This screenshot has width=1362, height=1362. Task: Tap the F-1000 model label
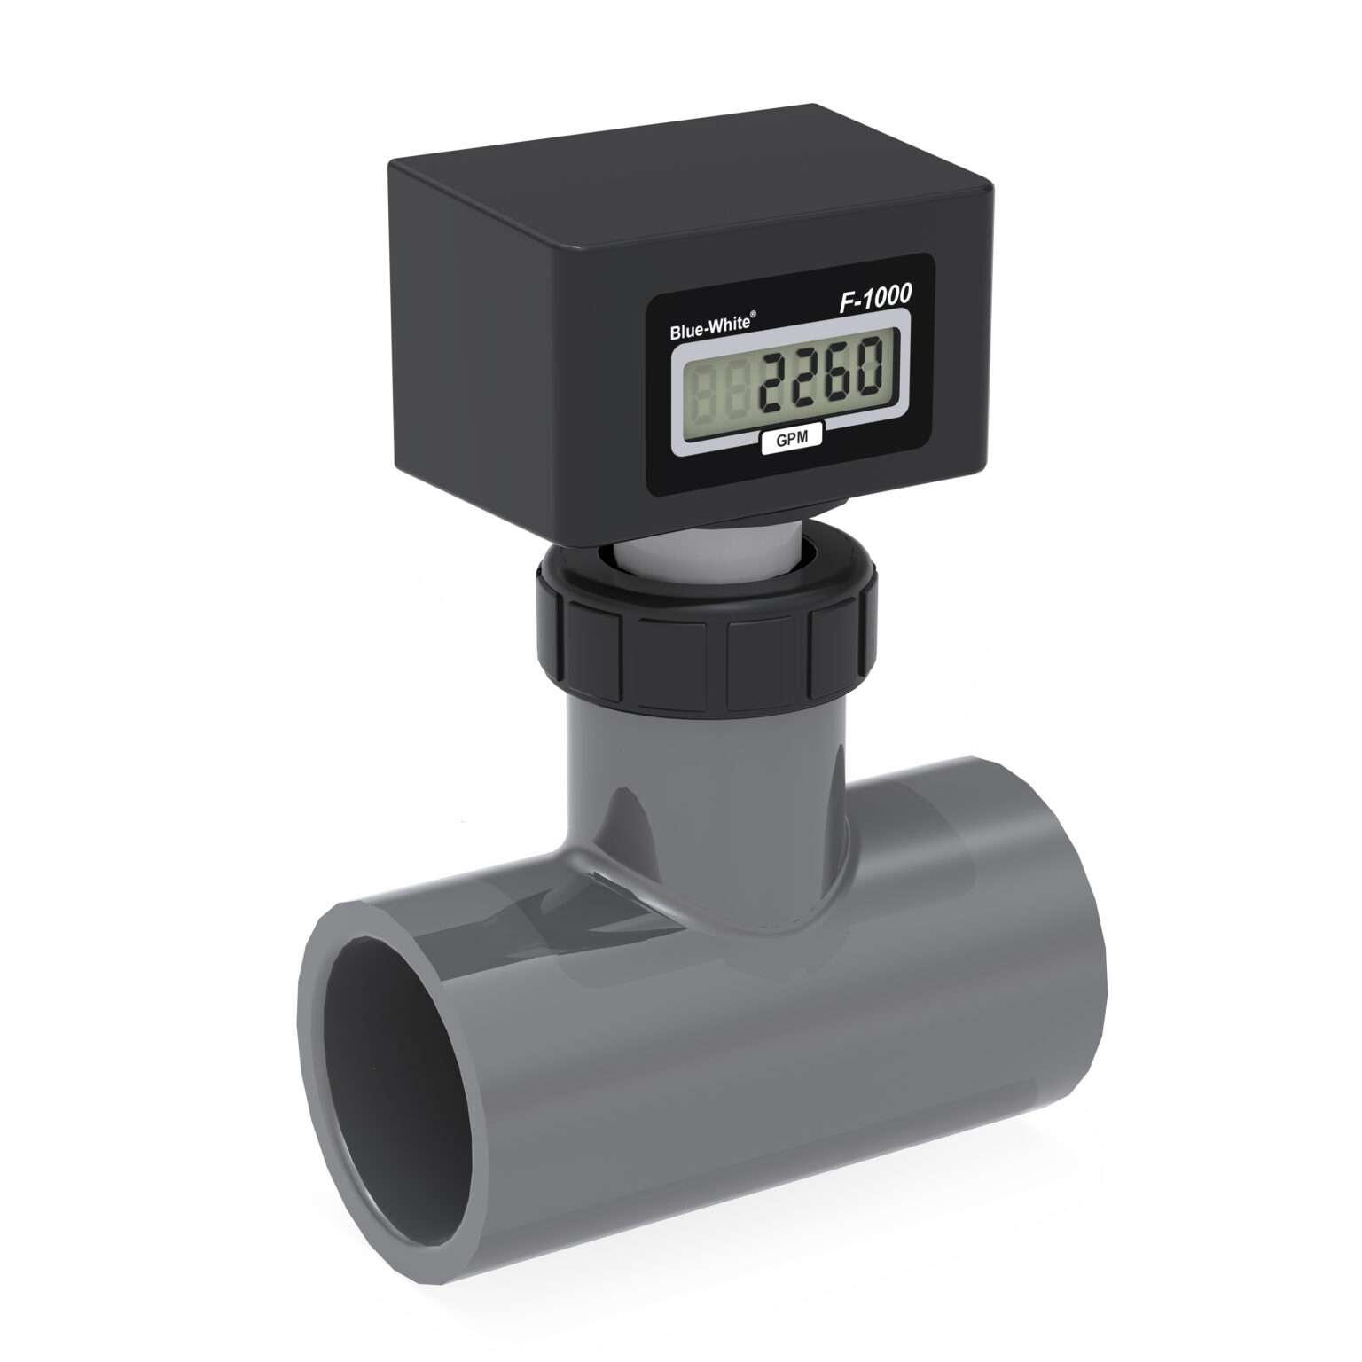pyautogui.click(x=875, y=300)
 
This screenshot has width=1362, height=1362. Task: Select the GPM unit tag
pyautogui.click(x=792, y=438)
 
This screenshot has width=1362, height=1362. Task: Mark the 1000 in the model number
pyautogui.click(x=887, y=298)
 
